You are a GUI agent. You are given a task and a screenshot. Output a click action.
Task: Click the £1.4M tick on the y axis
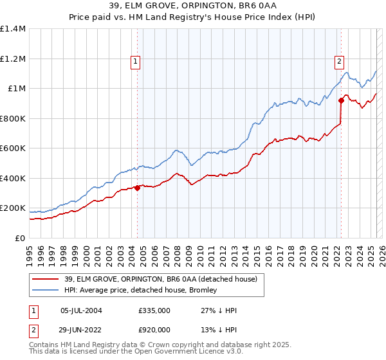[13, 29]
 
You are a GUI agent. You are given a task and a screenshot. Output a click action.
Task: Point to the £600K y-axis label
[13, 148]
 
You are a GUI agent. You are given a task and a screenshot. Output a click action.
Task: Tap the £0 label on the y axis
[20, 238]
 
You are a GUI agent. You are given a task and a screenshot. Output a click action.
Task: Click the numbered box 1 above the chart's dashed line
[136, 62]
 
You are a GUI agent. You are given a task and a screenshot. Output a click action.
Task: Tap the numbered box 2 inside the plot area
[339, 62]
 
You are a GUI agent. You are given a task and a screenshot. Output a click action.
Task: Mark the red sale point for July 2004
[138, 188]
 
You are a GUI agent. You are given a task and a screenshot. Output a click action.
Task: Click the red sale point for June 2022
[341, 101]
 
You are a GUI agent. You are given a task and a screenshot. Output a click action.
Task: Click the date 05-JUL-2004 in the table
[80, 310]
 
